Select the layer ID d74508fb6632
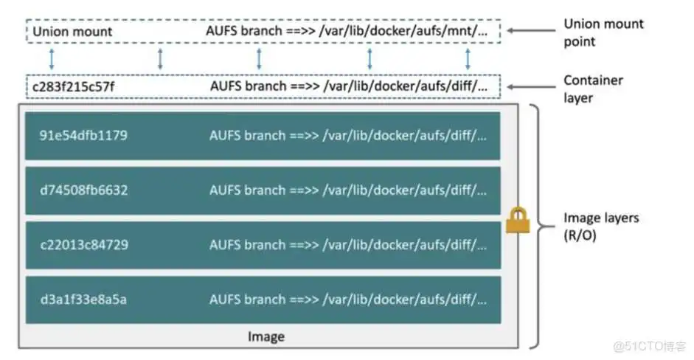[83, 190]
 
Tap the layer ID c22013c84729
[83, 245]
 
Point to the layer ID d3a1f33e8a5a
[83, 300]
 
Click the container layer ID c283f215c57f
[72, 86]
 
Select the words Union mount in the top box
[72, 32]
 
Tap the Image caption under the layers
[266, 336]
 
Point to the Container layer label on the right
[593, 88]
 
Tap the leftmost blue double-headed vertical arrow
[50, 59]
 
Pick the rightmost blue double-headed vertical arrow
[468, 59]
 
